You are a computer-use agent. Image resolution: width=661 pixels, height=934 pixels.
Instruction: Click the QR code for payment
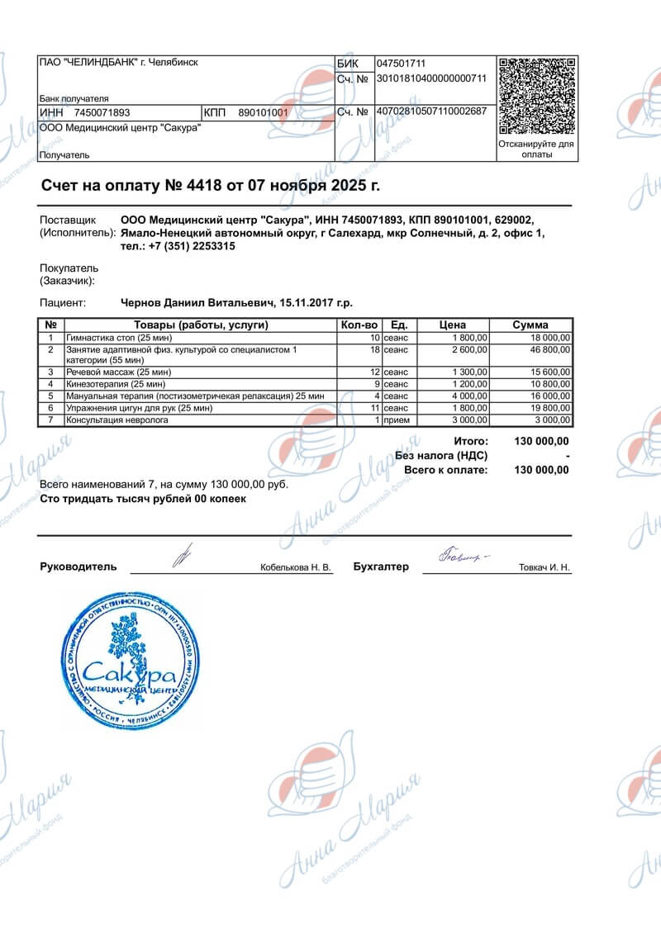click(x=538, y=96)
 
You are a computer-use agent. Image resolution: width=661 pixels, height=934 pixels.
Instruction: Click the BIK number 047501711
click(x=401, y=64)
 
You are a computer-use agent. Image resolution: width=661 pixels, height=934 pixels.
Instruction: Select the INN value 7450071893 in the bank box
click(x=102, y=112)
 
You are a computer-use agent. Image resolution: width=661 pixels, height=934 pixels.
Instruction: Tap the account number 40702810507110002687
click(x=431, y=111)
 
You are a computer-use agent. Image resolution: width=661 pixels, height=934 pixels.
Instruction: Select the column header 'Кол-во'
click(x=359, y=325)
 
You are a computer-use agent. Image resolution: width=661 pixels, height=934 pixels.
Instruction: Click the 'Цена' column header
click(x=453, y=325)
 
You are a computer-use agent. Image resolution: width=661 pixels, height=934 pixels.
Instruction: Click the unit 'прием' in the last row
click(x=397, y=420)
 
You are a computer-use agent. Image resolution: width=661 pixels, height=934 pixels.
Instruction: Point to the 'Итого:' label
click(x=471, y=442)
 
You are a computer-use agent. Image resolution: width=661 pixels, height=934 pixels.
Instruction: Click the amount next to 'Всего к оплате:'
click(x=541, y=470)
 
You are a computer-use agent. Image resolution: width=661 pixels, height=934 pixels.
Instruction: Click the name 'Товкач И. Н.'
click(x=544, y=568)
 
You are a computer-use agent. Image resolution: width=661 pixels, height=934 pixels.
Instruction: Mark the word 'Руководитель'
click(x=78, y=567)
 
